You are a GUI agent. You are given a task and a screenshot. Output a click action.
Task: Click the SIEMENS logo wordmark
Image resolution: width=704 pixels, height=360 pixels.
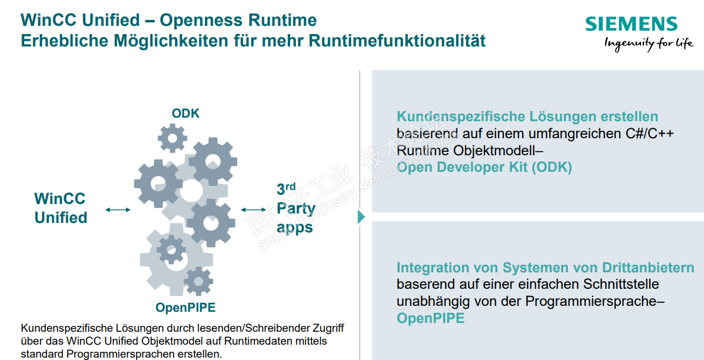pyautogui.click(x=632, y=24)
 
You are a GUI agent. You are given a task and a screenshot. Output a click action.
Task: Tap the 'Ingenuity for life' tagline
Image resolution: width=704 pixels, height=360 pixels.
pyautogui.click(x=649, y=43)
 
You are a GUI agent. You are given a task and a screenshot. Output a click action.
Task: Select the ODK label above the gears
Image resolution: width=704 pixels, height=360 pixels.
pyautogui.click(x=185, y=114)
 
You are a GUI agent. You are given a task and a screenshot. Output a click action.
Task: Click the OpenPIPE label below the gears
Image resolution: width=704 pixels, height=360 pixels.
pyautogui.click(x=185, y=307)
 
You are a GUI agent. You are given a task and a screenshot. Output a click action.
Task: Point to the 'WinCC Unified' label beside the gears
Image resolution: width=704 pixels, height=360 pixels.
pyautogui.click(x=61, y=208)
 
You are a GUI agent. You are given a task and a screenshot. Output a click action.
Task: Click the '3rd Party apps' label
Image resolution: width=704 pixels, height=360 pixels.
pyautogui.click(x=295, y=208)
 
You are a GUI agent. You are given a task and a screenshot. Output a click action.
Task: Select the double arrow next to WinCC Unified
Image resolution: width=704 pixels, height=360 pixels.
pyautogui.click(x=118, y=209)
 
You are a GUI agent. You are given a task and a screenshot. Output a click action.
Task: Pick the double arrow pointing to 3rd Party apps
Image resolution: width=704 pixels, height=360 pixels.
pyautogui.click(x=254, y=209)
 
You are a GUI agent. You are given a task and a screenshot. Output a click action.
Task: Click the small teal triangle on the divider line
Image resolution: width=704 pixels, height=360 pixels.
pyautogui.click(x=361, y=217)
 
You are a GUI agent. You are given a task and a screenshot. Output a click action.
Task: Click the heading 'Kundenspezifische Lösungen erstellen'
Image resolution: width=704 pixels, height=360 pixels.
pyautogui.click(x=527, y=116)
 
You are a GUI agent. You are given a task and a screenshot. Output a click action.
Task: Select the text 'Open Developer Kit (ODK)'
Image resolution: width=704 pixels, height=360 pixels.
pyautogui.click(x=484, y=167)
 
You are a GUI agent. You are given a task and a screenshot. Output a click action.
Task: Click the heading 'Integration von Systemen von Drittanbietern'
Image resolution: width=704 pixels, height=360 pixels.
pyautogui.click(x=545, y=268)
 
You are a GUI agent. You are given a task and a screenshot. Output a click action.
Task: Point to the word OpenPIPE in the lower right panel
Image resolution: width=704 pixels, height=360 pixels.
pyautogui.click(x=430, y=319)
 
